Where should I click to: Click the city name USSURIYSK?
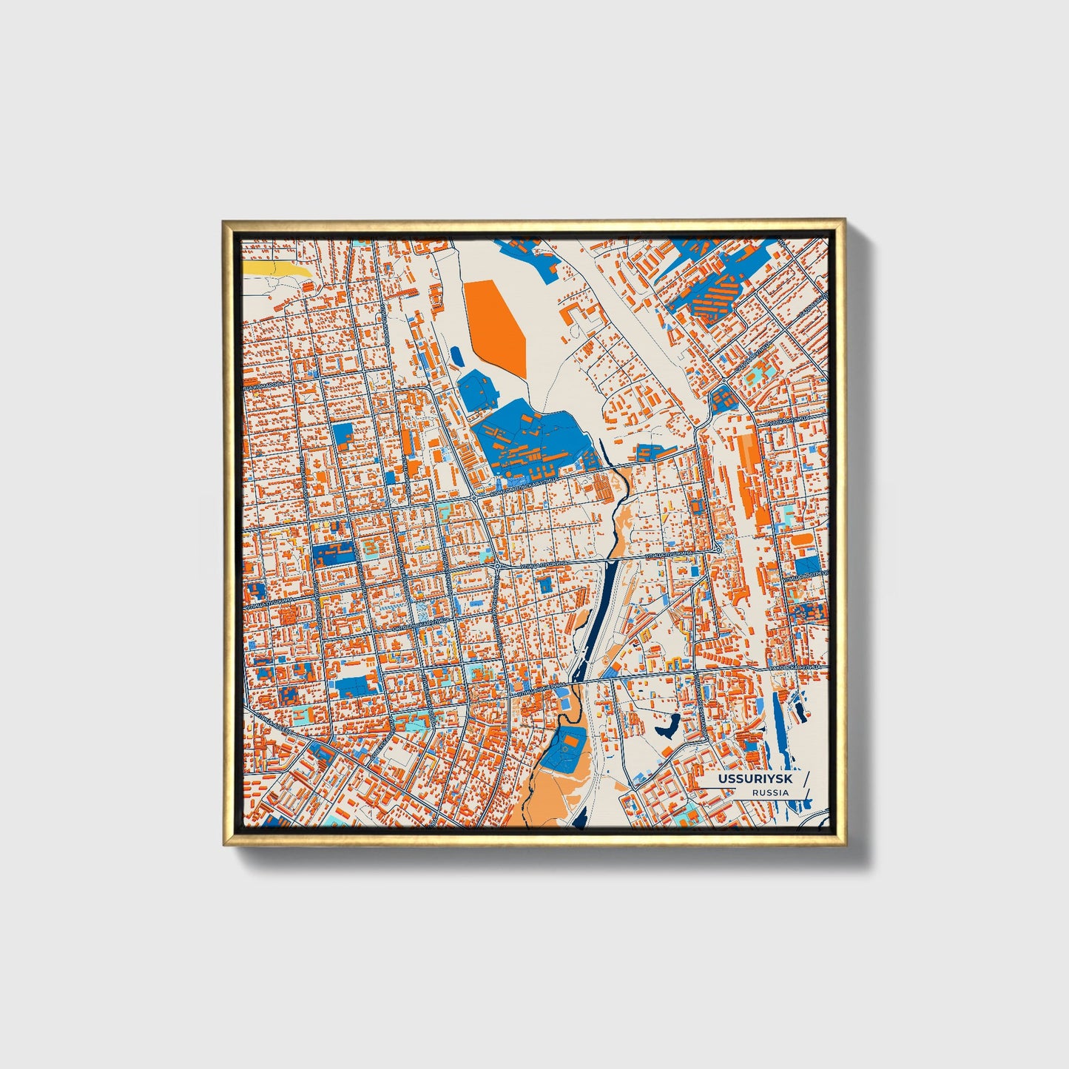pyautogui.click(x=746, y=780)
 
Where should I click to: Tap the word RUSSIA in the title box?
pyautogui.click(x=770, y=792)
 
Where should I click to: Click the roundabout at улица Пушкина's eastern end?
pyautogui.click(x=718, y=551)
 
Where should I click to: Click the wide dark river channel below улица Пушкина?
pyautogui.click(x=602, y=607)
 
